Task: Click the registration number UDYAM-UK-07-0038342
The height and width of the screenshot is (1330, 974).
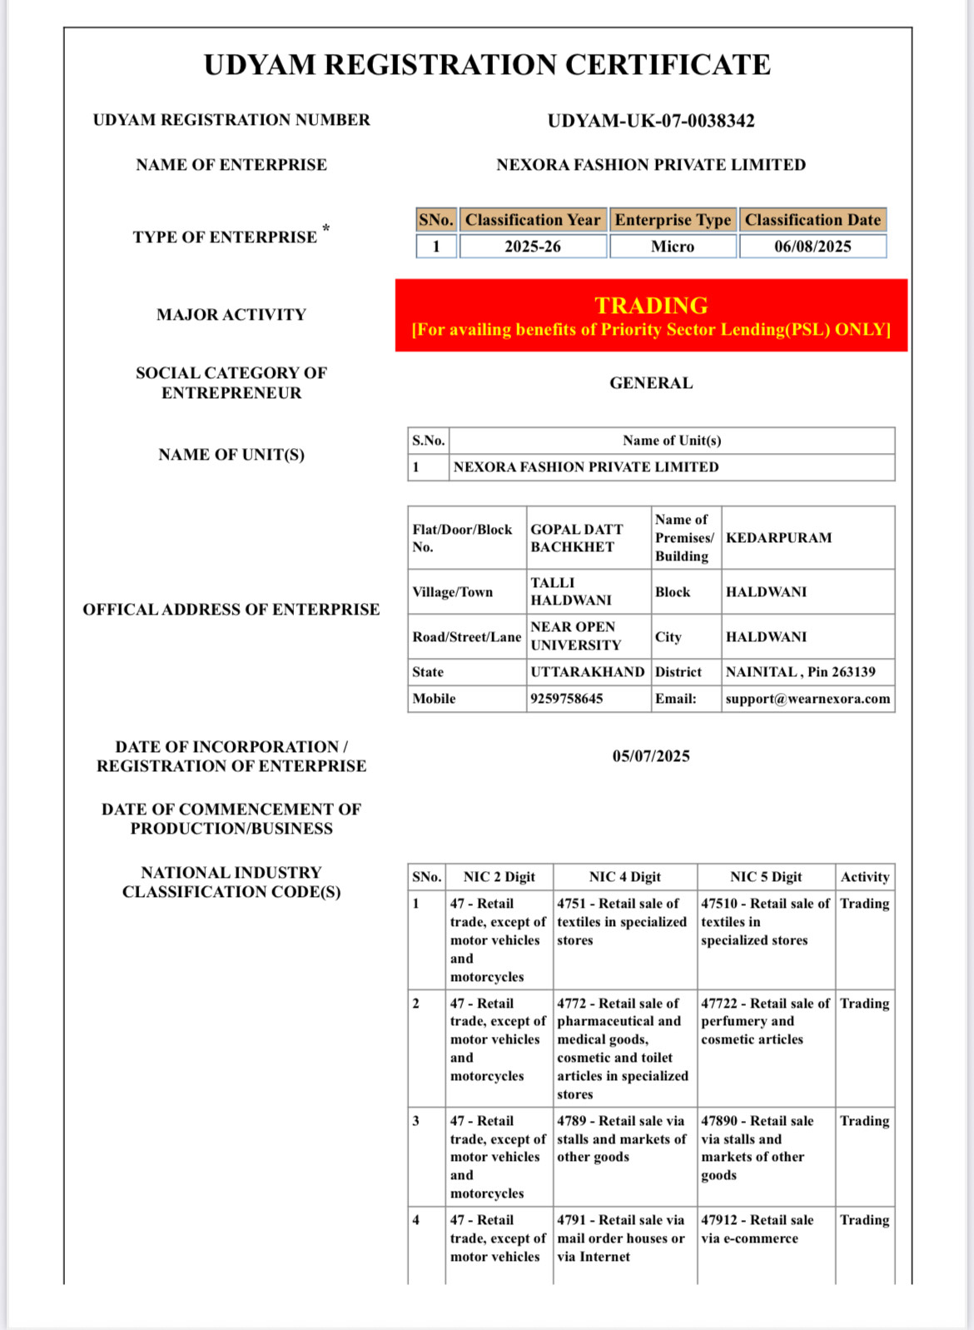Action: point(651,121)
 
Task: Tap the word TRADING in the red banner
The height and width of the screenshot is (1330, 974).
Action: point(651,305)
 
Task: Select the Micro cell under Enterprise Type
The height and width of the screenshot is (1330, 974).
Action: point(673,247)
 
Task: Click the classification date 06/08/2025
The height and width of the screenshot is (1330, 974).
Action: point(812,247)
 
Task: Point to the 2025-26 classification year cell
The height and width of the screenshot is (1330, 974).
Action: point(533,247)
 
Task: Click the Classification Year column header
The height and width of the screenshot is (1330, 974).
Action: point(533,220)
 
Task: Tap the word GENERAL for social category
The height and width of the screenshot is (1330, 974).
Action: point(651,383)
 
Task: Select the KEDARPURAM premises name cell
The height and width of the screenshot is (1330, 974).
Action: point(778,538)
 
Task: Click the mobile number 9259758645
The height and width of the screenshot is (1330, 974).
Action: point(567,699)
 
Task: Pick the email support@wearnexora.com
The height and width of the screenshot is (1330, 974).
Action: point(808,699)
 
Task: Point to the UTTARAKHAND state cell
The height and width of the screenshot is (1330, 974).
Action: point(588,672)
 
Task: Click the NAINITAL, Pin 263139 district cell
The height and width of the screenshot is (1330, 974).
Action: point(800,672)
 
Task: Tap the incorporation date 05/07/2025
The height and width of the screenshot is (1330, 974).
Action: point(651,756)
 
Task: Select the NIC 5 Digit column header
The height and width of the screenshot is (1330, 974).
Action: point(766,877)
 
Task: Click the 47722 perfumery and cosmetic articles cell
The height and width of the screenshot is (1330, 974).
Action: point(765,1022)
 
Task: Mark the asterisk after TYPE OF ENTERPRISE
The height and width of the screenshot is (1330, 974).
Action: point(326,228)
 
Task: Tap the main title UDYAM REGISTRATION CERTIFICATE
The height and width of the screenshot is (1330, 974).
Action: point(487,65)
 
